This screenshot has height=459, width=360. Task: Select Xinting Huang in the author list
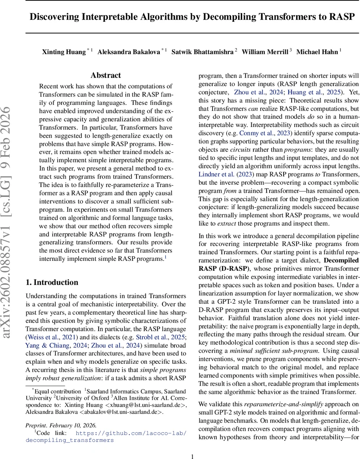pyautogui.click(x=64, y=52)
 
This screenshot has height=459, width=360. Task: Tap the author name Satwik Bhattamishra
pyautogui.click(x=202, y=52)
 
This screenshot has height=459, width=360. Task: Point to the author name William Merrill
pyautogui.click(x=265, y=52)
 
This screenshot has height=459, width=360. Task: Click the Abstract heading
pyautogui.click(x=106, y=75)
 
